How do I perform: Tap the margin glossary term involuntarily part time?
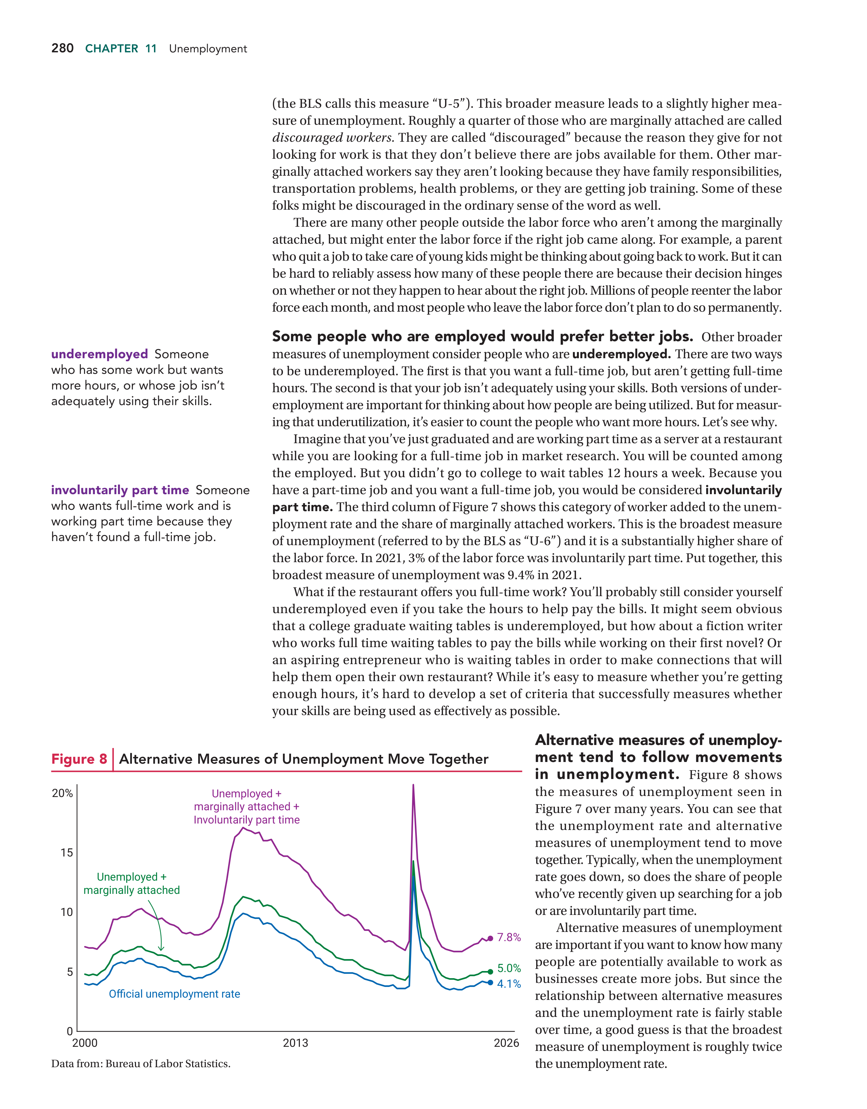[x=120, y=490]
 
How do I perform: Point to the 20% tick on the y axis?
[x=63, y=793]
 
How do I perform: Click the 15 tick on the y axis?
[x=67, y=853]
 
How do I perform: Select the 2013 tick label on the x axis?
[x=295, y=1043]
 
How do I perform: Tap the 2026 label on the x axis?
[x=506, y=1043]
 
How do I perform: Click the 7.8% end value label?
[x=509, y=937]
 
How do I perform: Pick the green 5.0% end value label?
[x=509, y=968]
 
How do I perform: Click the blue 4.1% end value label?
[x=509, y=984]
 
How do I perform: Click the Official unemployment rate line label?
[x=174, y=994]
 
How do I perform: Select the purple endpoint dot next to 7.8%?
[x=490, y=938]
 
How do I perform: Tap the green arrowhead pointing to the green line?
[x=161, y=949]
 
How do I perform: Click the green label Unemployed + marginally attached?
[x=132, y=884]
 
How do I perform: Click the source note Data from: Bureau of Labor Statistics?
[x=141, y=1064]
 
